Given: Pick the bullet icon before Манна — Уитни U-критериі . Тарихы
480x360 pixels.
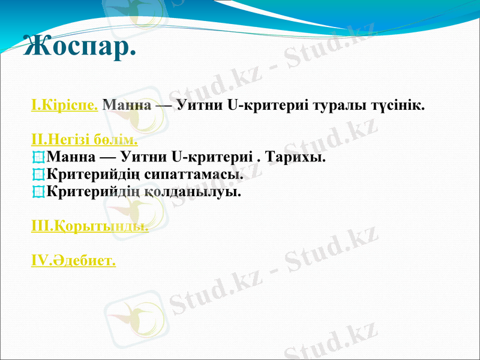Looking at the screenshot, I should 38,158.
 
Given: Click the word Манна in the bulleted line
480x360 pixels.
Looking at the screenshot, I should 70,158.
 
